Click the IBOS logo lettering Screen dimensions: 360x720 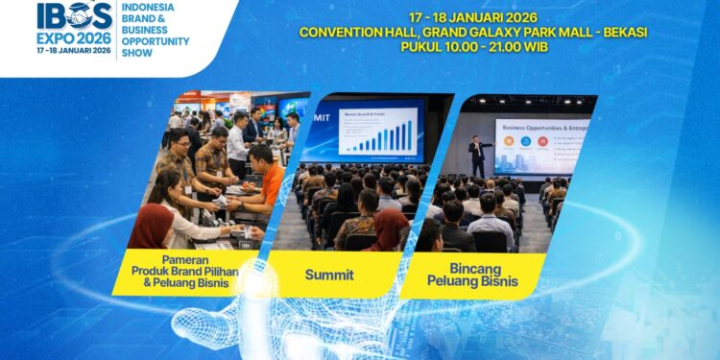click(71, 14)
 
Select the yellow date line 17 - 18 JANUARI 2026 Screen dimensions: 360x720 click(472, 17)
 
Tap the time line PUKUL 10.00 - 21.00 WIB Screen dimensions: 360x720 click(472, 46)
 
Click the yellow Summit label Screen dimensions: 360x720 click(329, 275)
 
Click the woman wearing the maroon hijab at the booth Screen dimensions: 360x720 click(153, 226)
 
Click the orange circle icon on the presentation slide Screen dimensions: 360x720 click(542, 141)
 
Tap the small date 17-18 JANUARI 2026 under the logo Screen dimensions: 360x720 click(70, 50)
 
